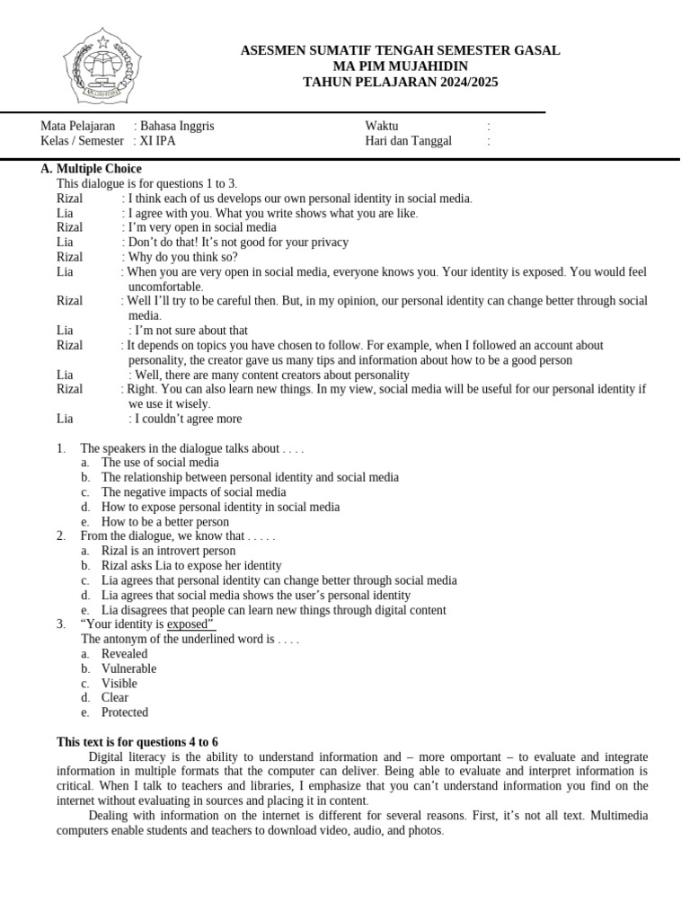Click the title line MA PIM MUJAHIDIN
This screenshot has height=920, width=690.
pos(400,66)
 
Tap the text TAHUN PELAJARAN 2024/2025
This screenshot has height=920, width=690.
pos(400,82)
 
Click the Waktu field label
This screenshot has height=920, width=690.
pos(381,126)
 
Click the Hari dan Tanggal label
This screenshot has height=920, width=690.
pos(408,141)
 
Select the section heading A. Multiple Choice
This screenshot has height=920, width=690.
pos(91,169)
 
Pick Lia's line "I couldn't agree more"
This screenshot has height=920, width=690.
pos(188,419)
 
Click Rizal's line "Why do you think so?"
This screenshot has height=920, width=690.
pos(182,257)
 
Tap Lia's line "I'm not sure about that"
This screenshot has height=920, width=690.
pos(191,331)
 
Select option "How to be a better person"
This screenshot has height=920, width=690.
pos(165,522)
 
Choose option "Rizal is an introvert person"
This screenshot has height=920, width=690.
pos(168,551)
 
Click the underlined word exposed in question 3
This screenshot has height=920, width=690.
pos(187,624)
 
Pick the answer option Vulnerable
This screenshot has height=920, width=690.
pos(128,668)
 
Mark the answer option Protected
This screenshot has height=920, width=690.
pos(124,712)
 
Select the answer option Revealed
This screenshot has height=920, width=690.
pos(124,654)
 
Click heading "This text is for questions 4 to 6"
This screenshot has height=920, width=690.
pos(137,742)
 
